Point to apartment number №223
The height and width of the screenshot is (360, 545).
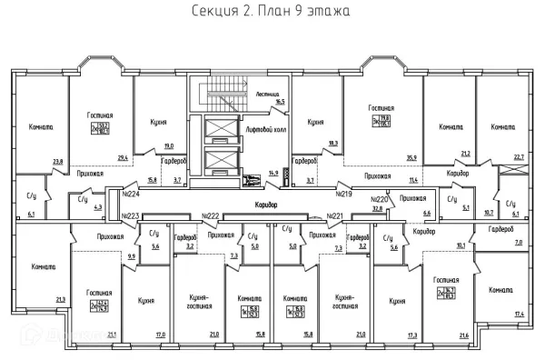[x=132, y=215]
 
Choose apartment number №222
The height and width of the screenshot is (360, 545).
[x=212, y=215]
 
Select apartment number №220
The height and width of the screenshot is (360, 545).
[x=380, y=199]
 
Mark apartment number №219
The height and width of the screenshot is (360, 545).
[x=343, y=194]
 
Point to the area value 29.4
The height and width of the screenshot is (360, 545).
[x=124, y=160]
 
